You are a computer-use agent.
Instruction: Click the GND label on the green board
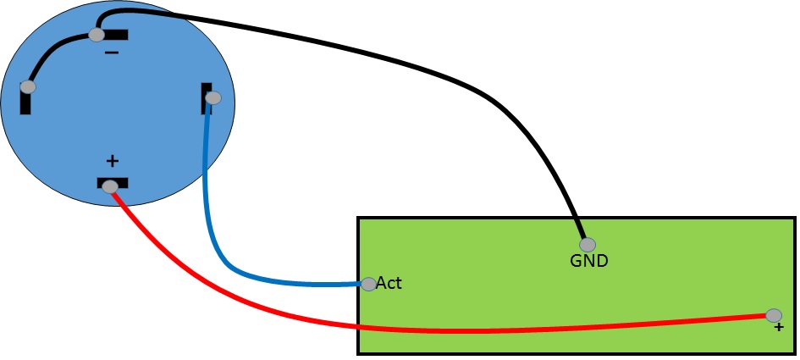588,261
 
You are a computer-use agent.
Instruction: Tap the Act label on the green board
389,283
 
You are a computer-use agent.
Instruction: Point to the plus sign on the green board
778,327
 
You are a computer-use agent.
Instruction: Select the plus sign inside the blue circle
112,161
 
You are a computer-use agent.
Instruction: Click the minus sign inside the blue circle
112,53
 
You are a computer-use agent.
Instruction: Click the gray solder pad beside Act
368,284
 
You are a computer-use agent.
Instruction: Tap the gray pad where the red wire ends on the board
774,315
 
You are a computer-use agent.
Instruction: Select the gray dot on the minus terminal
97,35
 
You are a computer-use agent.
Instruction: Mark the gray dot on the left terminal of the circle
28,86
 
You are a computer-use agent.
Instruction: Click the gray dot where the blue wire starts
213,98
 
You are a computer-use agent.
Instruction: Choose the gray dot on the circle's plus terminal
110,187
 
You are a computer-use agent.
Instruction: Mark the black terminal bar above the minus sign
118,35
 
